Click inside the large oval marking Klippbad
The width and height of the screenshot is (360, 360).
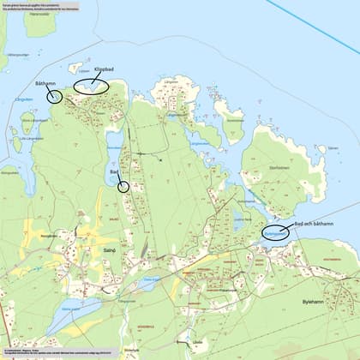tap(90, 85)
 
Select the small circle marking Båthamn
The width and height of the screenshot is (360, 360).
tap(55, 96)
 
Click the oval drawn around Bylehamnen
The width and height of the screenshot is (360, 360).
tap(276, 231)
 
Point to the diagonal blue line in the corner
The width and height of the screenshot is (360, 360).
tap(326, 26)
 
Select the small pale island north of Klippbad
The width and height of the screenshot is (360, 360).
tap(75, 67)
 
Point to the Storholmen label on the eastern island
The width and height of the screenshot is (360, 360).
tap(279, 168)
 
